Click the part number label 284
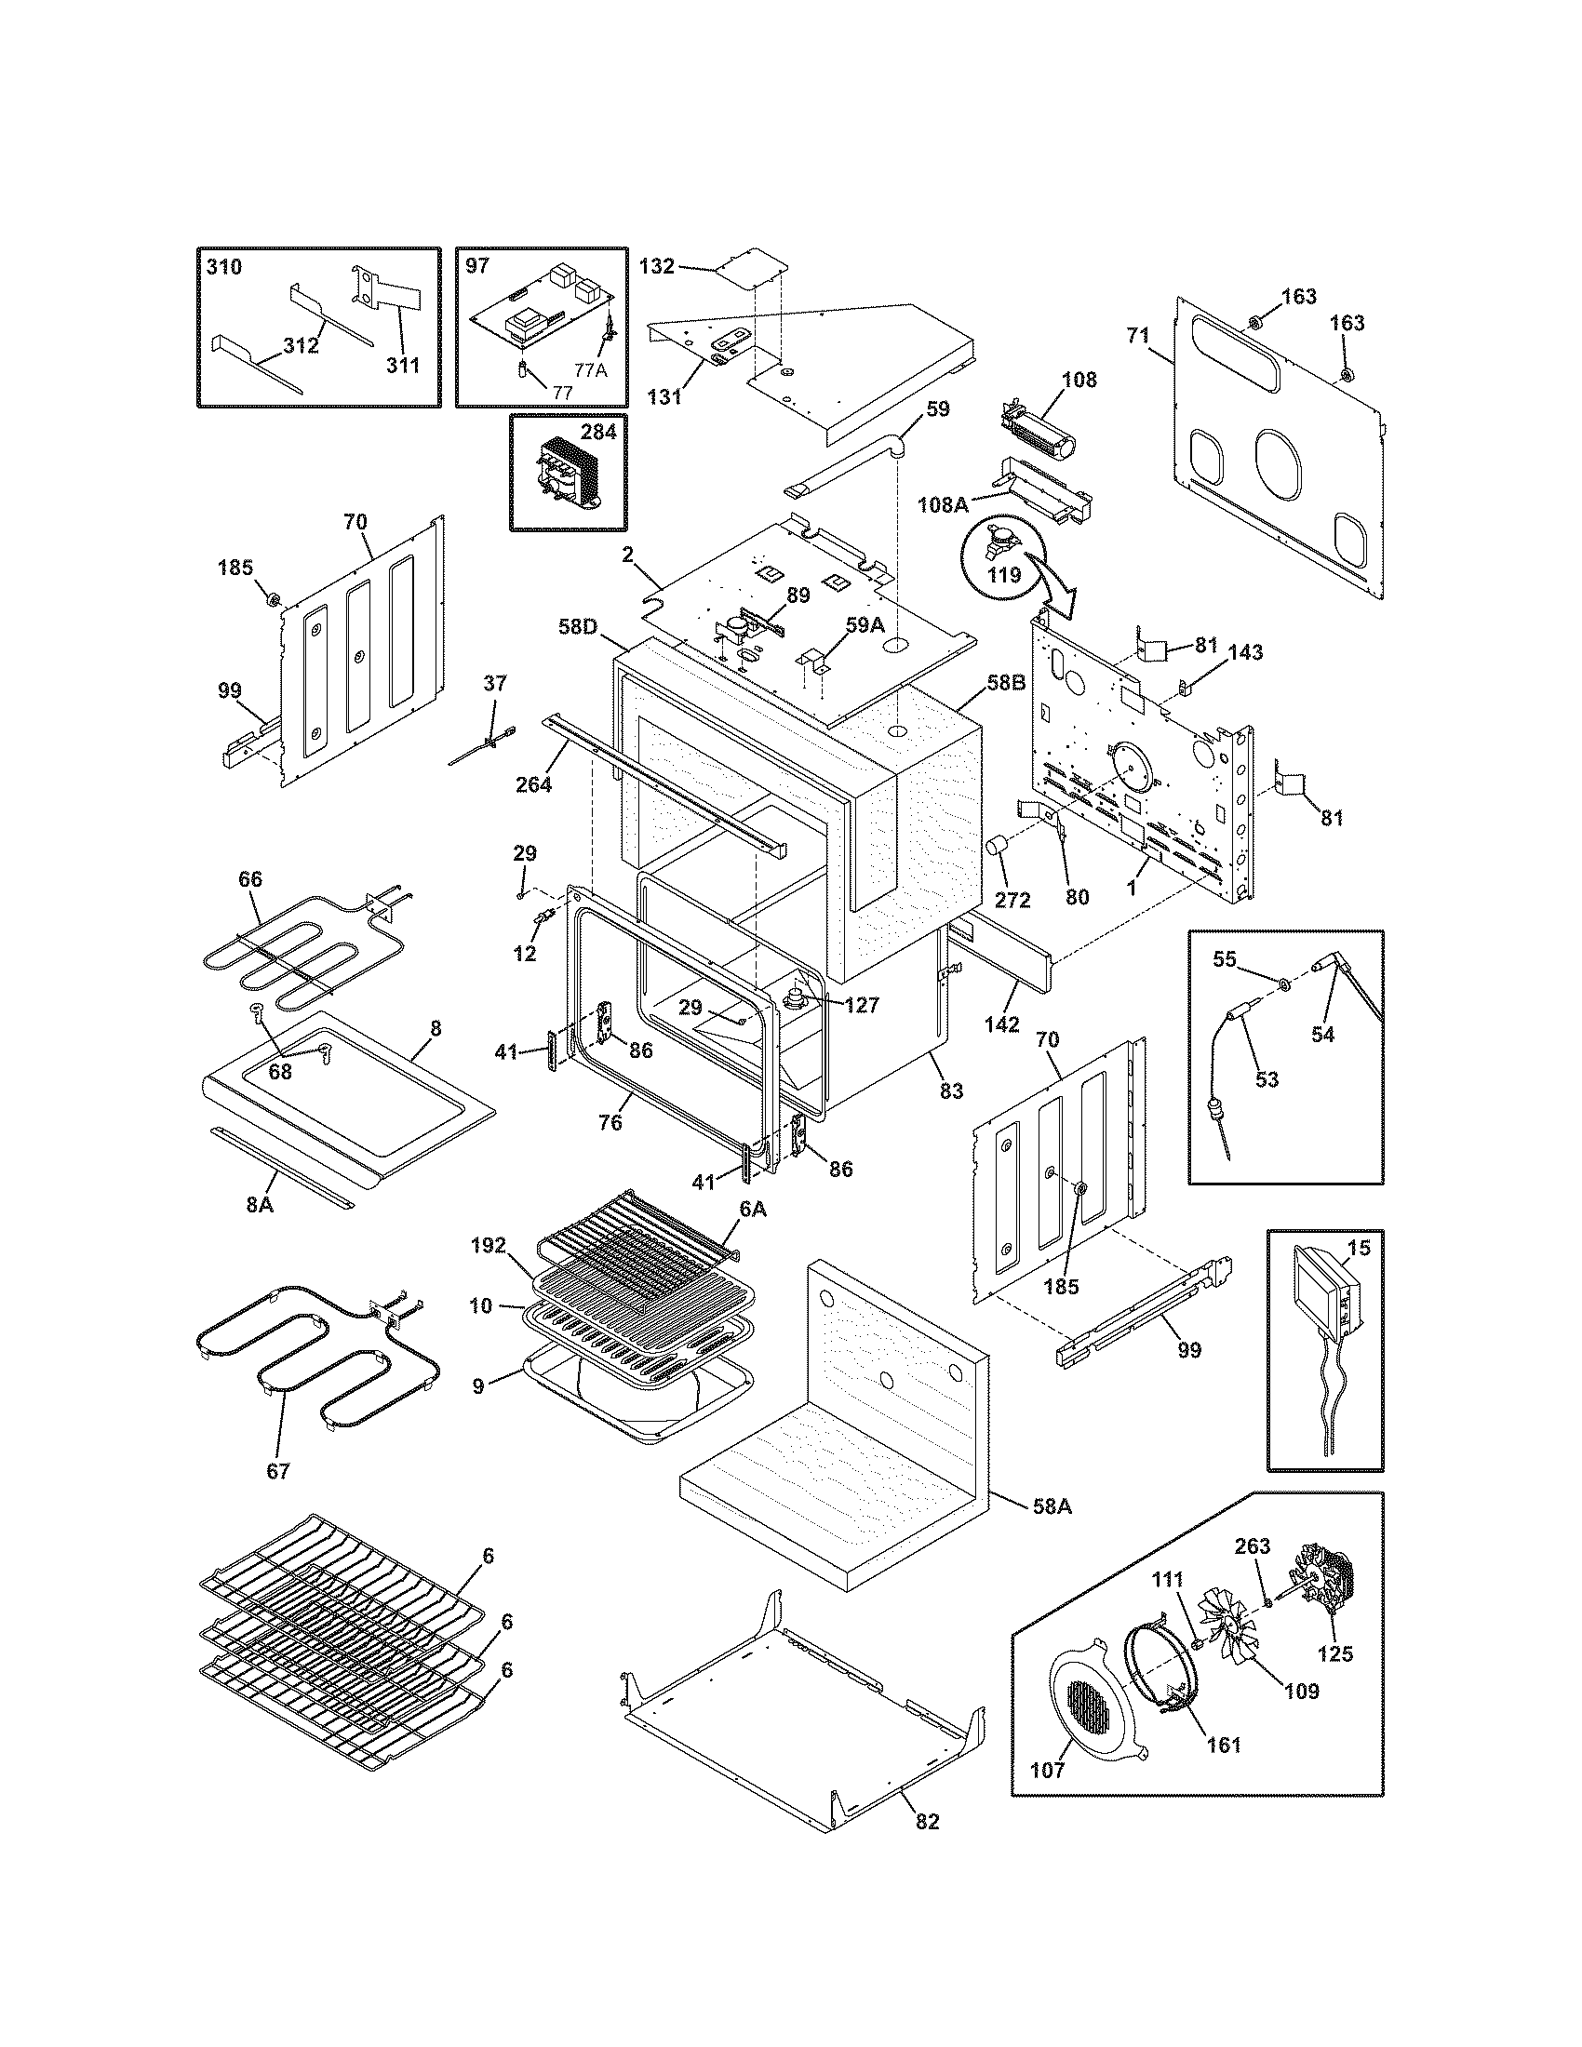pyautogui.click(x=599, y=432)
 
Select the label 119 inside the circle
pyautogui.click(x=1005, y=574)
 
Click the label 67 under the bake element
pyautogui.click(x=277, y=1470)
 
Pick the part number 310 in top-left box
pyautogui.click(x=223, y=267)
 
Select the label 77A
pyautogui.click(x=590, y=370)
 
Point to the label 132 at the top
pyautogui.click(x=656, y=266)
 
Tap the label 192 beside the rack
pyautogui.click(x=489, y=1246)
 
